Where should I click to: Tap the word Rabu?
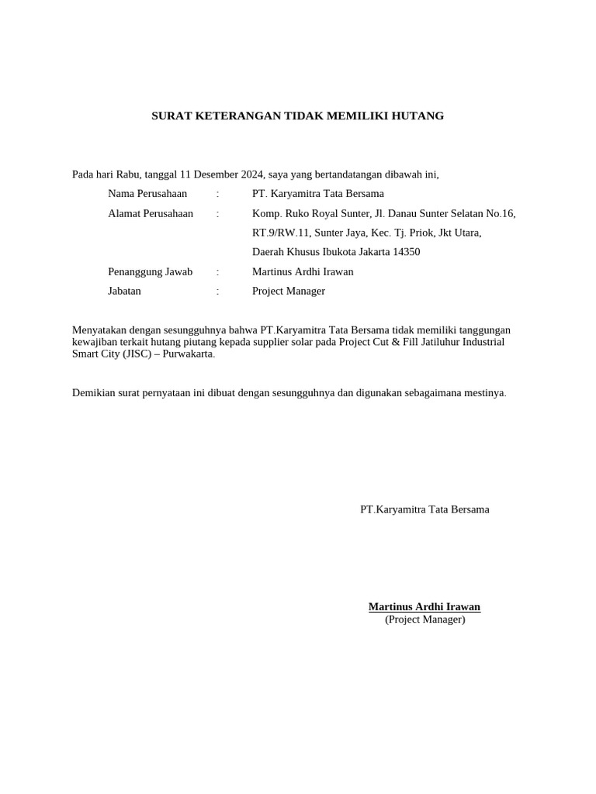(128, 174)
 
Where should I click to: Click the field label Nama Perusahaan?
(147, 194)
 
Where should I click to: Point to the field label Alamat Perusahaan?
(151, 213)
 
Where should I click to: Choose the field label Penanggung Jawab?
(150, 272)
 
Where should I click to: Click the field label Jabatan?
(124, 292)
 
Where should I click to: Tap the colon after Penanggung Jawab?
(218, 272)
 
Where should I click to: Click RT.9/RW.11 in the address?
(280, 233)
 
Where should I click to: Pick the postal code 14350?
(407, 252)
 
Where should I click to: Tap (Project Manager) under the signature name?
(424, 620)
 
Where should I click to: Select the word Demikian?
(94, 393)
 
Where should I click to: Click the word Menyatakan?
(99, 330)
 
